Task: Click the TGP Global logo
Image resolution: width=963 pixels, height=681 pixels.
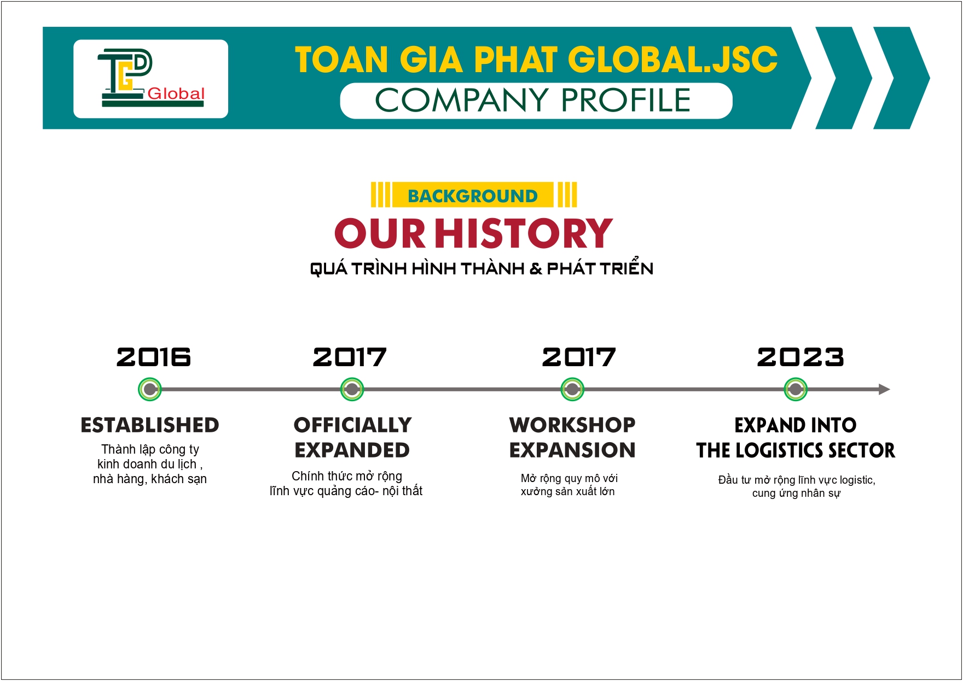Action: pos(151,78)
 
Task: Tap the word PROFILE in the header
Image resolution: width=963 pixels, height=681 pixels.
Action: pos(626,100)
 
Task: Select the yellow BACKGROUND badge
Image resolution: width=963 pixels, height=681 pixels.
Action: pos(474,195)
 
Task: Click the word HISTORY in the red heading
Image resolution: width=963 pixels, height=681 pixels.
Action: pos(524,233)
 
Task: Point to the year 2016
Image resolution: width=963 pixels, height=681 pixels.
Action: pos(154,357)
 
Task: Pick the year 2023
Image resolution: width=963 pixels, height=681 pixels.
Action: pos(800,357)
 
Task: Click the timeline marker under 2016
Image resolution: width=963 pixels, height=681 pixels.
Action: pos(149,390)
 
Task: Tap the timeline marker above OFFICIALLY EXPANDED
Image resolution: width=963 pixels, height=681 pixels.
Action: pos(352,390)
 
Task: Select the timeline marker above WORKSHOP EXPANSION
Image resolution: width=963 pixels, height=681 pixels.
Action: pos(572,390)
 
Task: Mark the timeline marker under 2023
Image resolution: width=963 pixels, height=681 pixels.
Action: pos(795,390)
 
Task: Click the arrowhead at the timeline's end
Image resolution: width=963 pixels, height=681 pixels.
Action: pos(884,390)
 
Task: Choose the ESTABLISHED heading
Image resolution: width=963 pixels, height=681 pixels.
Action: pos(150,425)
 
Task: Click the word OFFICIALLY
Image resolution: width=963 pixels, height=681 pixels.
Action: pos(352,425)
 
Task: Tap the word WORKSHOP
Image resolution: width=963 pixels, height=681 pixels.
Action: pos(572,425)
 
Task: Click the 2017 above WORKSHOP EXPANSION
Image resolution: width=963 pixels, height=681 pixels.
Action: pos(579,357)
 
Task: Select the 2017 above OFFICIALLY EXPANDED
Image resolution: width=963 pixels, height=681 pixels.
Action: pos(350,357)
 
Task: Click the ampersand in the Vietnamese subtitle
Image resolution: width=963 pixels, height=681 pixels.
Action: pos(536,269)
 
